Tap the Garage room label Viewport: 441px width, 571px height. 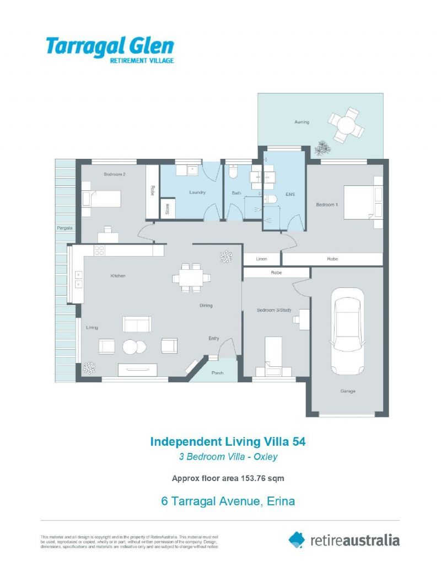click(347, 391)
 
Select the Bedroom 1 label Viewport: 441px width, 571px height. click(327, 205)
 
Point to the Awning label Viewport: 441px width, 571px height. click(302, 122)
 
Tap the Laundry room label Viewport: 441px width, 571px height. click(197, 193)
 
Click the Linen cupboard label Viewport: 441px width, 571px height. click(262, 259)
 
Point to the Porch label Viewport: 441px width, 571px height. click(218, 373)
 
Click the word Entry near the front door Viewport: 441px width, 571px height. click(214, 338)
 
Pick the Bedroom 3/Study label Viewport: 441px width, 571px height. click(273, 310)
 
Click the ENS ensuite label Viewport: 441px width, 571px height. click(290, 194)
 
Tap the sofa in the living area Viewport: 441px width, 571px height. click(137, 324)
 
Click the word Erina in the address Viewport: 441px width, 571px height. click(281, 501)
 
